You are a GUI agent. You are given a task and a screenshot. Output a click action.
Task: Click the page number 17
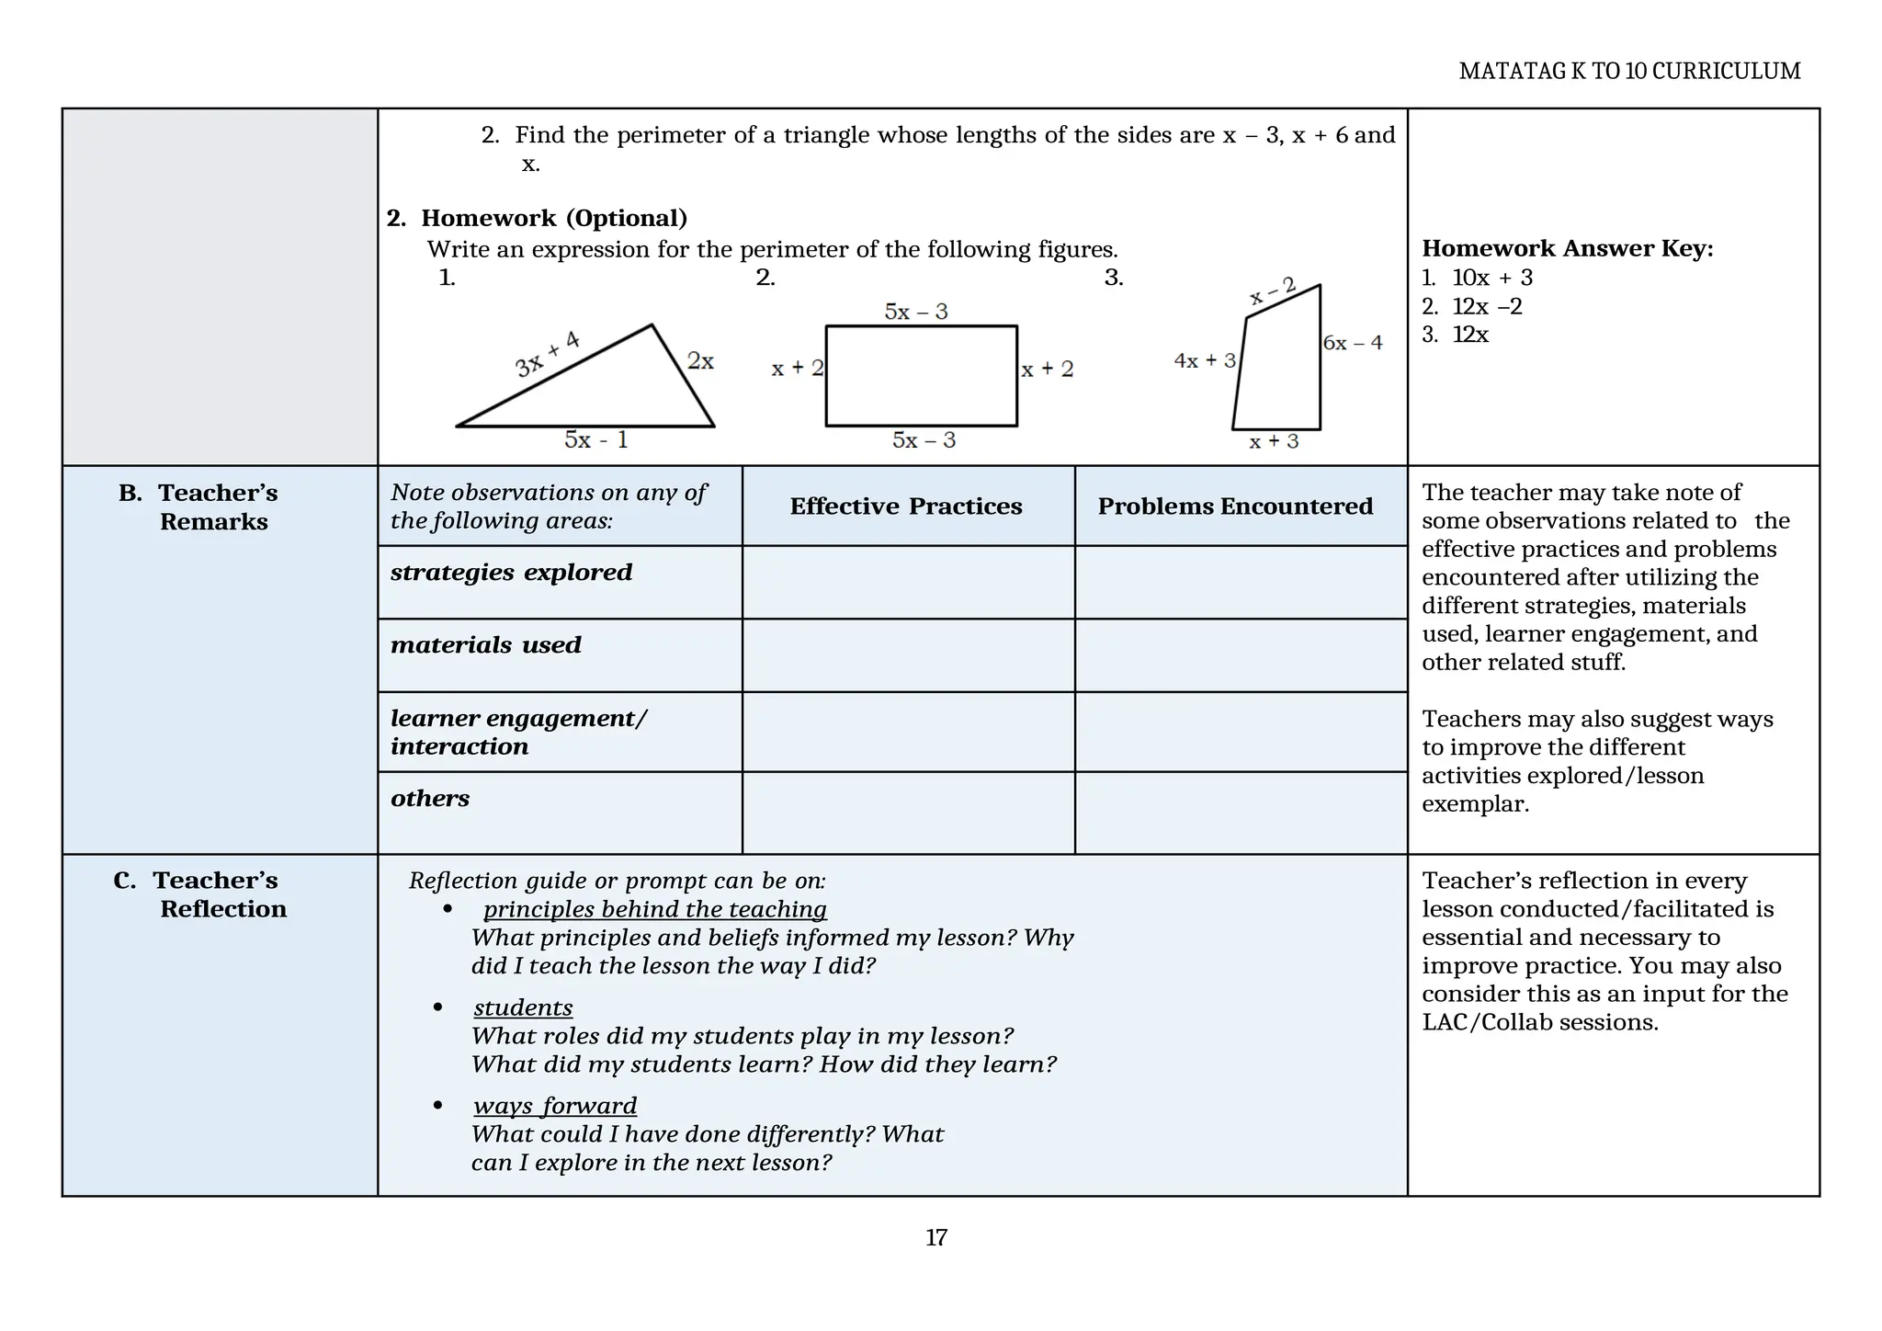935,1237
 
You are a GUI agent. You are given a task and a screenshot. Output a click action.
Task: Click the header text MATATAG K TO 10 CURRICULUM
1628,71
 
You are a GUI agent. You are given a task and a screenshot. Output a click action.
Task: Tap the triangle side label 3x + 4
548,354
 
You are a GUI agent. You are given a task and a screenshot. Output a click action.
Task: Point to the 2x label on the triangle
700,361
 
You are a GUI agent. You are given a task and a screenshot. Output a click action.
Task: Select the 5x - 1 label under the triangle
595,440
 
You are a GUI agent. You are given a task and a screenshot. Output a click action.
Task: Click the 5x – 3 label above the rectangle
915,312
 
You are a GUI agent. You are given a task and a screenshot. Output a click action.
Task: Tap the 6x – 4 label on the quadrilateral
1352,343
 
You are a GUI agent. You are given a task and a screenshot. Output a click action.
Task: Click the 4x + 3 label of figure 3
1204,360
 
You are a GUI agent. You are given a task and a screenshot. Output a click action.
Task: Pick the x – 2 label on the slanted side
1273,290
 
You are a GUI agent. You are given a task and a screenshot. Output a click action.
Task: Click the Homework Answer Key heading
1567,248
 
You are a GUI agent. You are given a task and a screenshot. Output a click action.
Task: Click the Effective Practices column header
905,506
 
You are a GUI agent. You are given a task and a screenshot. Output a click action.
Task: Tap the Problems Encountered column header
1235,506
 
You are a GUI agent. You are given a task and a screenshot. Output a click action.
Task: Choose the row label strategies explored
511,572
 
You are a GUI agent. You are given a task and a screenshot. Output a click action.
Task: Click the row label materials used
486,644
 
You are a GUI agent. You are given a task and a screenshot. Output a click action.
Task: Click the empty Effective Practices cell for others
907,813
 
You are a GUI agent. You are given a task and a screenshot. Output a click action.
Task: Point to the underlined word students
523,1007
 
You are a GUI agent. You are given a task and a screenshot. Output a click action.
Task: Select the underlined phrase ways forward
555,1106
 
